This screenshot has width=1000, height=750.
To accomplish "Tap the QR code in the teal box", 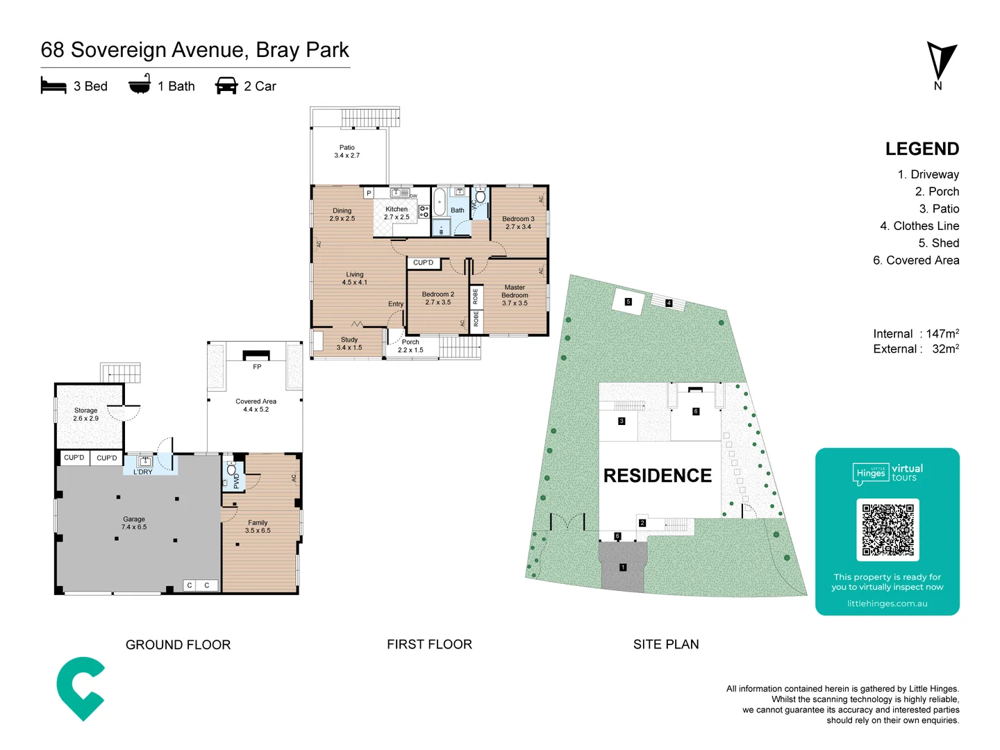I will pyautogui.click(x=887, y=529).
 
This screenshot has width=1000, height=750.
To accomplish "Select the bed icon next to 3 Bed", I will pyautogui.click(x=53, y=85).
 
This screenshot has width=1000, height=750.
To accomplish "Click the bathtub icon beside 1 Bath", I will pyautogui.click(x=140, y=85).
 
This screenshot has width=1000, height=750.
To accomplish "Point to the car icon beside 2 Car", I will pyautogui.click(x=226, y=85).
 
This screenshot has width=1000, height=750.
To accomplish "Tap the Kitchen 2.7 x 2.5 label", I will pyautogui.click(x=397, y=213).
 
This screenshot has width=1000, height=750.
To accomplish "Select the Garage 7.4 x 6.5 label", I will pyautogui.click(x=134, y=523).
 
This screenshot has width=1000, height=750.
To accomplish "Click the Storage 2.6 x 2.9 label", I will pyautogui.click(x=85, y=415).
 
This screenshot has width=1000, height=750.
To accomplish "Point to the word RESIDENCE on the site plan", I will pyautogui.click(x=657, y=476).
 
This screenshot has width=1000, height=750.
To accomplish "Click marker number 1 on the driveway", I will pyautogui.click(x=623, y=567).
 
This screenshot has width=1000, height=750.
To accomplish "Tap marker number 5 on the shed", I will pyautogui.click(x=628, y=301).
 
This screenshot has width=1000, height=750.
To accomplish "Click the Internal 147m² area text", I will pyautogui.click(x=915, y=334).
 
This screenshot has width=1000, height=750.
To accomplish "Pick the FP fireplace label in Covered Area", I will pyautogui.click(x=257, y=367).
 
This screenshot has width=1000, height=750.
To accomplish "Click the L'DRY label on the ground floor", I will pyautogui.click(x=142, y=472).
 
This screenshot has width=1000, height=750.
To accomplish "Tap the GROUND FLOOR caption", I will pyautogui.click(x=178, y=644).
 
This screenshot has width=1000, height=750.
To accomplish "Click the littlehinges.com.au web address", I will pyautogui.click(x=887, y=603).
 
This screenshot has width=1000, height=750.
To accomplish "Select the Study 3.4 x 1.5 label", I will pyautogui.click(x=349, y=344).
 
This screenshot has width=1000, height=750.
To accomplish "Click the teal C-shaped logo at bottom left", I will pyautogui.click(x=81, y=688).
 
